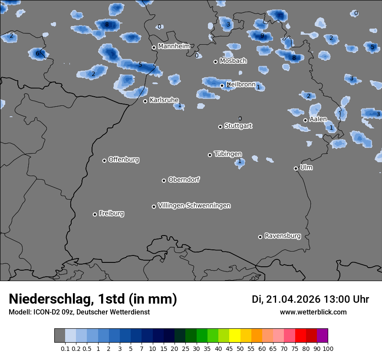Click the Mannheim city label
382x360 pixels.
(x=174, y=46)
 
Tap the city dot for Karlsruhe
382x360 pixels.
(x=145, y=101)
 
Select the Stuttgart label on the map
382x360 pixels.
(x=238, y=126)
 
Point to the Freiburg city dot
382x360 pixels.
(x=95, y=214)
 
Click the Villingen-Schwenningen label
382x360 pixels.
(x=194, y=205)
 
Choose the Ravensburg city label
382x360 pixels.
(x=283, y=236)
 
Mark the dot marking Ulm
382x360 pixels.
(x=296, y=168)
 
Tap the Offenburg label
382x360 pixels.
(x=124, y=159)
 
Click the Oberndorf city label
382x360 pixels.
(x=184, y=180)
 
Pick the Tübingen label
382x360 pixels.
(x=228, y=154)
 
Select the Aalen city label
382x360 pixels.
(x=318, y=119)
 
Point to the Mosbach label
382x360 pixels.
(x=233, y=61)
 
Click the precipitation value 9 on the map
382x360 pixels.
(x=262, y=36)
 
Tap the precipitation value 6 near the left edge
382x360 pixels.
(x=37, y=54)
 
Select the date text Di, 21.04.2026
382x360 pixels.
(x=285, y=299)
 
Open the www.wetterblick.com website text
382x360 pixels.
(x=313, y=312)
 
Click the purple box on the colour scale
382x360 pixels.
(x=322, y=335)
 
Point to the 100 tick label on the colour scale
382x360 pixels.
(x=328, y=348)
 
